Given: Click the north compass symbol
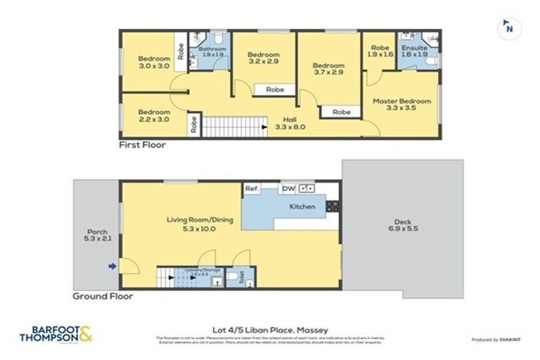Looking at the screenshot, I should tap(509, 29).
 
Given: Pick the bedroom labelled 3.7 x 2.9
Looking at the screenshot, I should tap(328, 69).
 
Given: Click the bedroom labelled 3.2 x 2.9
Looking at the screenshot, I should tap(263, 58).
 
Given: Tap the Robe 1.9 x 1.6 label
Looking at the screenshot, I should tap(380, 51).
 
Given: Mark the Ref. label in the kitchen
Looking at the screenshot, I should tap(252, 188).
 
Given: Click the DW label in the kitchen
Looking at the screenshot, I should tap(288, 188).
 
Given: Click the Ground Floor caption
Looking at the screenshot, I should tap(103, 297).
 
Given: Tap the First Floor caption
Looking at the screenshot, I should tap(141, 145).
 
